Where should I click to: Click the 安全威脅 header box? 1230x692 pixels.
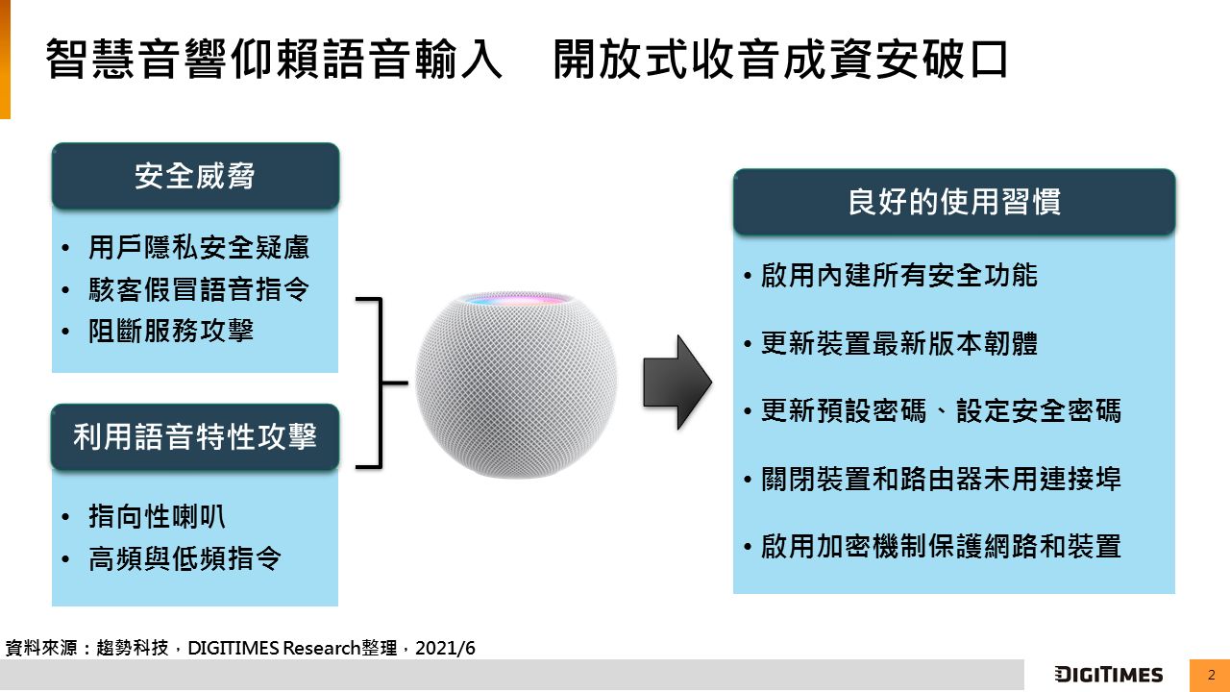click(195, 176)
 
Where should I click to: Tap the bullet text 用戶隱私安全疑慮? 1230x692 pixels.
click(199, 247)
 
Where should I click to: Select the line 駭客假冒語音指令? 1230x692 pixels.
click(199, 289)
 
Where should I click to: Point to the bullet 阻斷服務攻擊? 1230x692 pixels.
click(171, 331)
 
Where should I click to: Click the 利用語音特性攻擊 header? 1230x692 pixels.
click(195, 437)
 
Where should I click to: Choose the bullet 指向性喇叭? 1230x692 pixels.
click(157, 516)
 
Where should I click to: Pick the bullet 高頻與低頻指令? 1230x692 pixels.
click(184, 558)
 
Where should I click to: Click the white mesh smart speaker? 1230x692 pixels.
click(516, 385)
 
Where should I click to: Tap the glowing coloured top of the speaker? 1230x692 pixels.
click(517, 300)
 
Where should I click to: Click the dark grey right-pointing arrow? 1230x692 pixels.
click(677, 383)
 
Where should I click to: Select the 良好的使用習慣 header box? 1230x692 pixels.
click(954, 202)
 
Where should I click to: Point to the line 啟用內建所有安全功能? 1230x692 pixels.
click(898, 275)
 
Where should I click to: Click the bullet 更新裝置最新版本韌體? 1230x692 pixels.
click(898, 343)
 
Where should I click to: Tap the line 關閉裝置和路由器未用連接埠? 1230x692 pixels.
click(941, 479)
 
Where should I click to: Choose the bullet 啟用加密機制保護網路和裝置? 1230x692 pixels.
click(941, 547)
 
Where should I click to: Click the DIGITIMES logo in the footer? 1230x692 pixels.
click(1109, 675)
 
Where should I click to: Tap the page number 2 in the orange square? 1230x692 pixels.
click(1211, 675)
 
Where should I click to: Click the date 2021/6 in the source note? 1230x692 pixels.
click(445, 648)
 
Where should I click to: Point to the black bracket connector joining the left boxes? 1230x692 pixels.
click(381, 383)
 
